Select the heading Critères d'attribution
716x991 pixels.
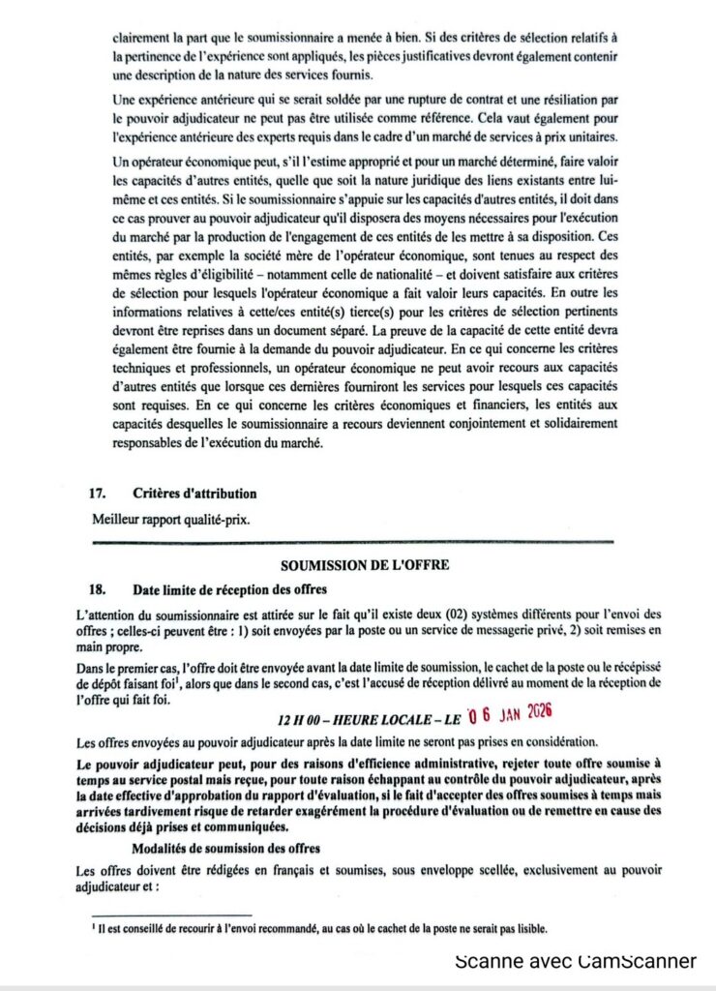194,494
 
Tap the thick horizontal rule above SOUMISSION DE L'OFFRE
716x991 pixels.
351,543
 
